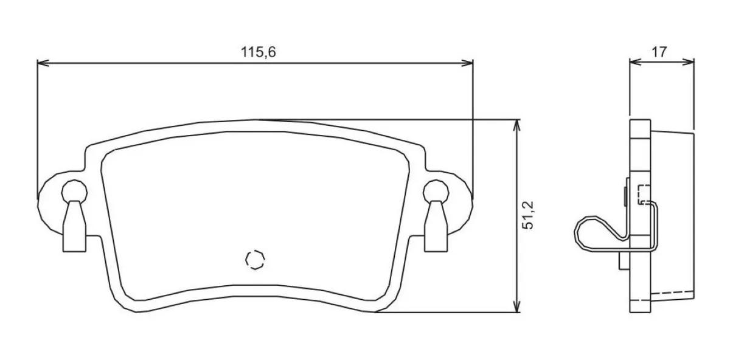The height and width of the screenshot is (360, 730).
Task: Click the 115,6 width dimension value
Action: click(258, 52)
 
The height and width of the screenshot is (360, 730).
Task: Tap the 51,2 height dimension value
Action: click(528, 215)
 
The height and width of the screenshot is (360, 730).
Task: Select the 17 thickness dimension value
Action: click(659, 52)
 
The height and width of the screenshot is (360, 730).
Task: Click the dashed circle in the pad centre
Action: click(255, 260)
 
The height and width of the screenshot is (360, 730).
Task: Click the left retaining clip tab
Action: click(75, 226)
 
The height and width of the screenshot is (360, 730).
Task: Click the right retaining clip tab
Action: click(436, 226)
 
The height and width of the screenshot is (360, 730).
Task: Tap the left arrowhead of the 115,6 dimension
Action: click(43, 63)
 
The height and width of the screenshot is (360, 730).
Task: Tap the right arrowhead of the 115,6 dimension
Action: click(467, 63)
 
